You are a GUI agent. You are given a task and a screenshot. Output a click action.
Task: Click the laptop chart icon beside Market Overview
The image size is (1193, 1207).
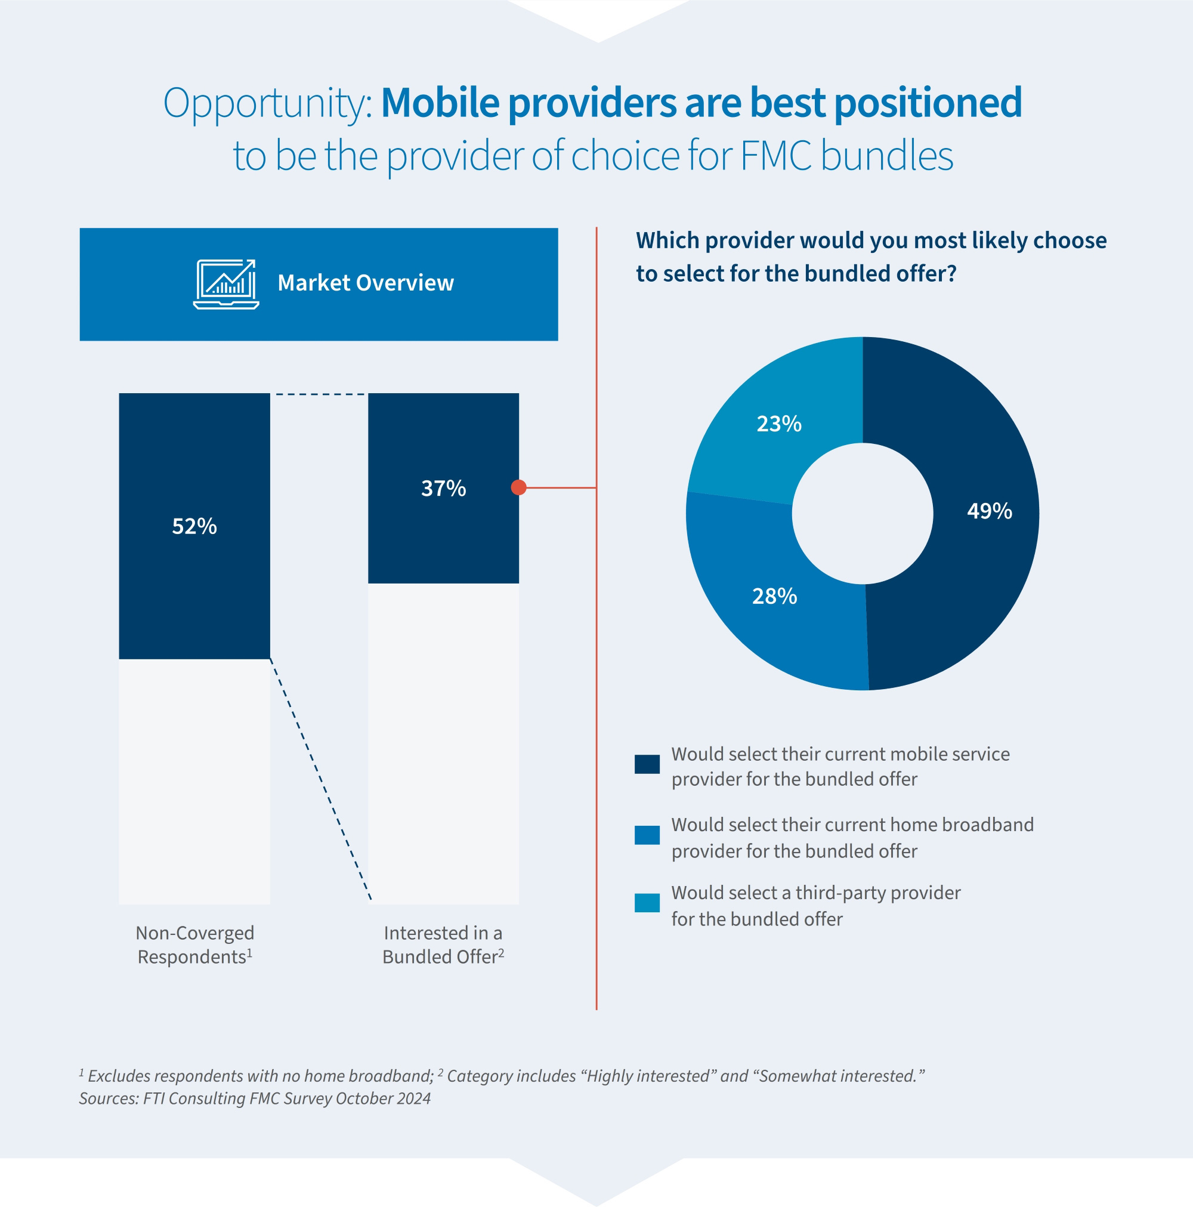[x=226, y=284]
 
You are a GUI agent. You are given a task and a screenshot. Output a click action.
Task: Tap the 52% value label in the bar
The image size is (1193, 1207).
[x=194, y=527]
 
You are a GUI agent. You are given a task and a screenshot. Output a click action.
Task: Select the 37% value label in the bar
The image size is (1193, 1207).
[x=443, y=489]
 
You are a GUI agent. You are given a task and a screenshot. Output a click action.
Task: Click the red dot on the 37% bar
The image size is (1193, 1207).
[x=518, y=487]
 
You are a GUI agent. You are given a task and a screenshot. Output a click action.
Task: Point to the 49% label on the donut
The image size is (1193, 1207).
[x=990, y=511]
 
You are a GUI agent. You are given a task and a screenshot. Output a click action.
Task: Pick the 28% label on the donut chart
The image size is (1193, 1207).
[x=774, y=597]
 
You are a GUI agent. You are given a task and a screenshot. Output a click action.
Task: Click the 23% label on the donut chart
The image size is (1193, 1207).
[x=779, y=424]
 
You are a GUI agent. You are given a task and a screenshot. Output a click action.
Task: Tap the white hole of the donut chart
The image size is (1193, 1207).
[x=863, y=514]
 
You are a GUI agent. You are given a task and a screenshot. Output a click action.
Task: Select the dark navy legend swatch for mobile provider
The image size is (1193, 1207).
[x=647, y=764]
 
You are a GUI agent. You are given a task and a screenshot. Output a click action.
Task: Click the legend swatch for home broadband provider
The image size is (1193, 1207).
[x=647, y=835]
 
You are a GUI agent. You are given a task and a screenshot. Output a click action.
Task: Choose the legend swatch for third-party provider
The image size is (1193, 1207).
[x=647, y=903]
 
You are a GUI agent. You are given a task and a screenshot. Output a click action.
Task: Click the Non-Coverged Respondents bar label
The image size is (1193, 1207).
[x=195, y=944]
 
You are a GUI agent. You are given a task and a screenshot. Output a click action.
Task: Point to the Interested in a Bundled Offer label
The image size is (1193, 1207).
[x=443, y=944]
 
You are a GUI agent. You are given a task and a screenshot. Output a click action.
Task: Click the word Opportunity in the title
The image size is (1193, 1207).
[x=267, y=103]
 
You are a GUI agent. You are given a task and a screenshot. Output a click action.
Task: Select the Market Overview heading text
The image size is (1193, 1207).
[x=366, y=283]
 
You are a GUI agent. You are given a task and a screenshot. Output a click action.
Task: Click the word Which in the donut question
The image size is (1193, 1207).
[x=666, y=240]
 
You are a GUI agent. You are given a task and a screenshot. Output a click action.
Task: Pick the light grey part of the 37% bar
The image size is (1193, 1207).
[x=443, y=743]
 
